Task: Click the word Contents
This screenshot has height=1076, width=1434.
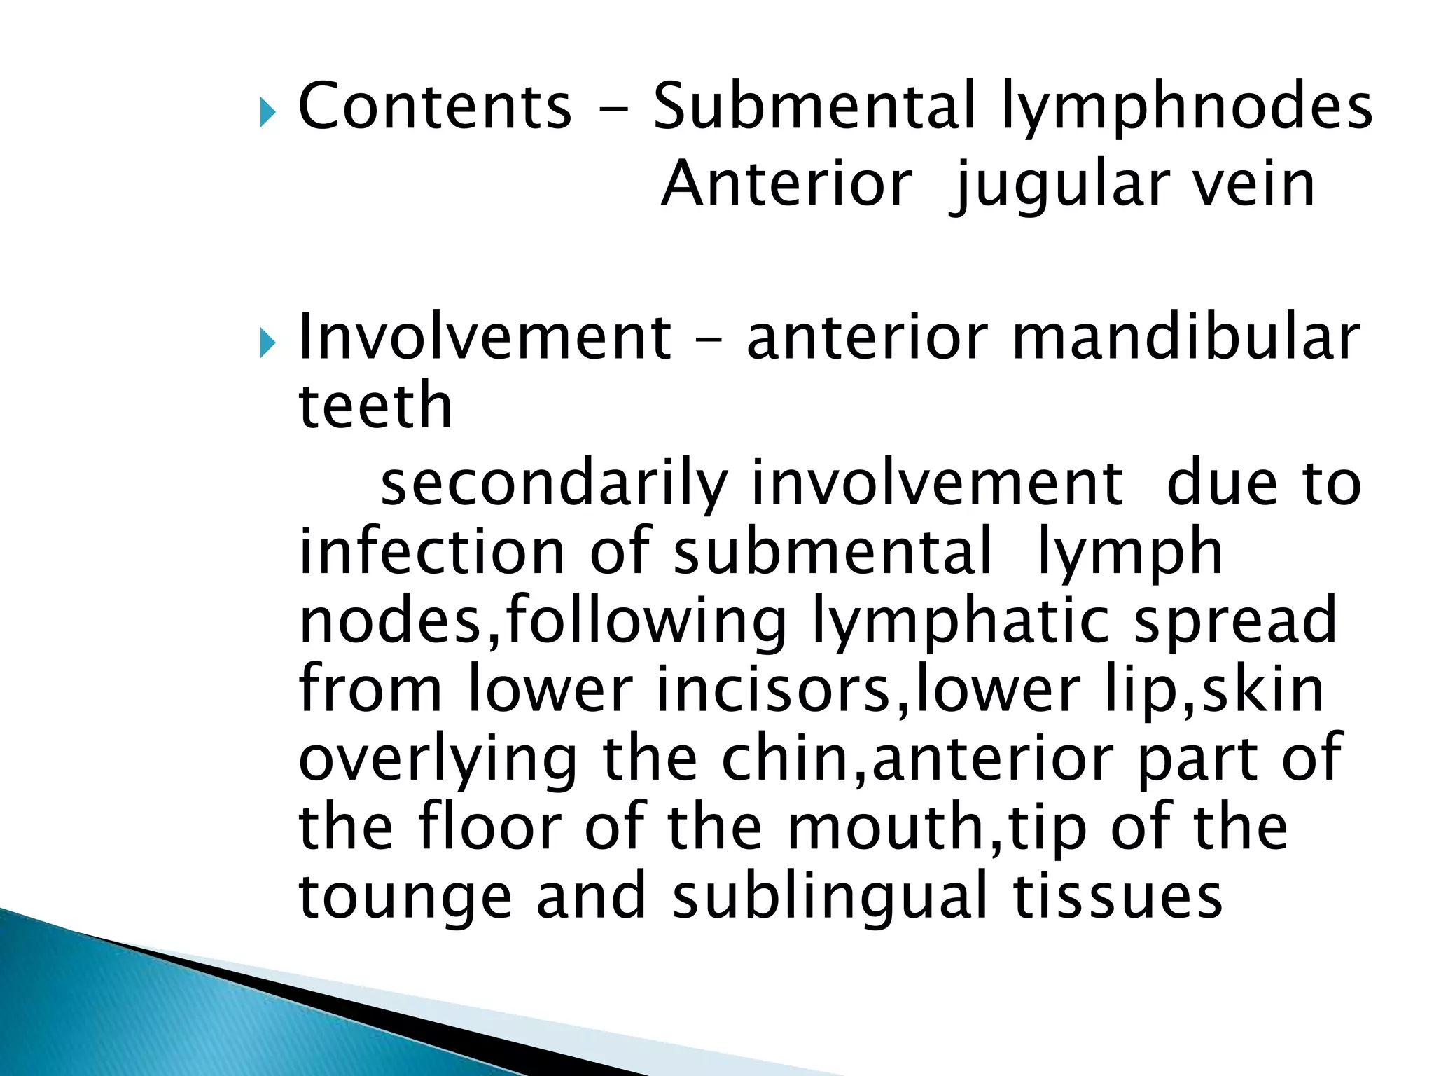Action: click(x=435, y=106)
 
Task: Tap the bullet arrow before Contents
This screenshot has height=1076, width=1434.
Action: click(x=267, y=112)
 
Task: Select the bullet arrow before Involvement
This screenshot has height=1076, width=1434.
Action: click(x=267, y=343)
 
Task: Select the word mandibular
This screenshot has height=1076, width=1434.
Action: click(x=1186, y=338)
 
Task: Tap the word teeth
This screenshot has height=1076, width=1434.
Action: click(x=375, y=406)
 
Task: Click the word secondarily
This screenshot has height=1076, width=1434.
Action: click(x=554, y=485)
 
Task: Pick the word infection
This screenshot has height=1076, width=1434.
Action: click(x=432, y=551)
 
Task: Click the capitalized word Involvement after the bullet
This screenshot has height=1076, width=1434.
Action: click(x=485, y=338)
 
